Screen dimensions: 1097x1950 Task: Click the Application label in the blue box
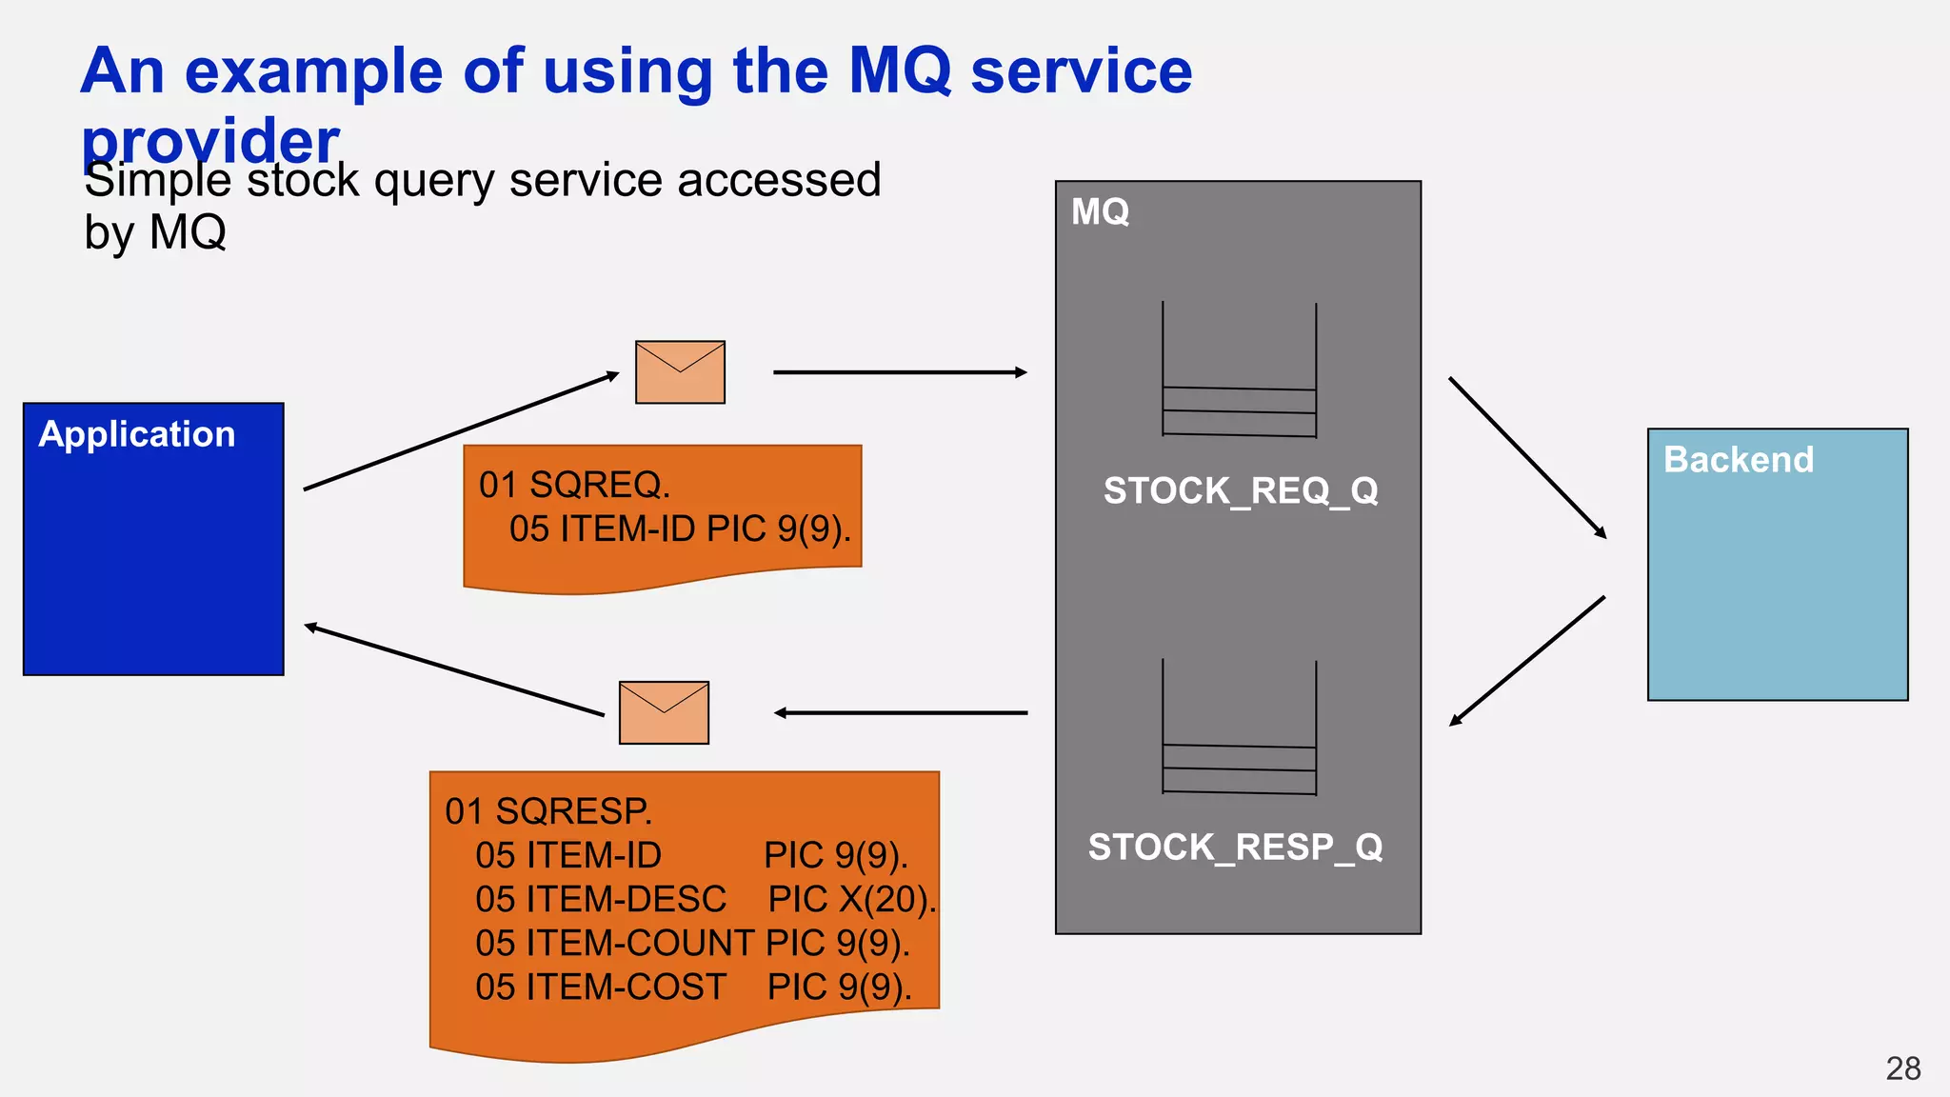click(x=137, y=434)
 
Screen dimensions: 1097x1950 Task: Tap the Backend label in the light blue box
click(x=1738, y=460)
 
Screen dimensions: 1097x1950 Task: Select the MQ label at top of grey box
click(x=1100, y=211)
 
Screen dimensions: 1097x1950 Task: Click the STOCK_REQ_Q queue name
click(x=1241, y=491)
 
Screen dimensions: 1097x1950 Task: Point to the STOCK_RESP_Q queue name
click(x=1235, y=848)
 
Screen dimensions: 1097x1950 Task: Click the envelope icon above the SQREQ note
click(x=680, y=372)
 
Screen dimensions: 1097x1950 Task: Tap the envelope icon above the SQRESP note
click(x=664, y=712)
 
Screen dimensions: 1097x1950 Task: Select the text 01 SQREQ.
click(x=574, y=485)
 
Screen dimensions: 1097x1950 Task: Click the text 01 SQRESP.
click(x=548, y=811)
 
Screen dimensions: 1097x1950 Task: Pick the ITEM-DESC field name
click(x=626, y=900)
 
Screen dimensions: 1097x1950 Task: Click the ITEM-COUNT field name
click(x=640, y=944)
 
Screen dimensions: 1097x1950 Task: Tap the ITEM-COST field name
click(x=626, y=987)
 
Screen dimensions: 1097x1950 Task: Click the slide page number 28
click(x=1902, y=1068)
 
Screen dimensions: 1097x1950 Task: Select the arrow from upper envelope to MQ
click(x=899, y=372)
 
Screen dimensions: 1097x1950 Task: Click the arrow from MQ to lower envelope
click(x=901, y=712)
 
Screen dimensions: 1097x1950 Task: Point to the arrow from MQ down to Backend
click(x=1527, y=458)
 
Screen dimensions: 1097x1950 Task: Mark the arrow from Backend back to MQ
click(x=1527, y=661)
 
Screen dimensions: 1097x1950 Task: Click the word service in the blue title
click(x=1081, y=71)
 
